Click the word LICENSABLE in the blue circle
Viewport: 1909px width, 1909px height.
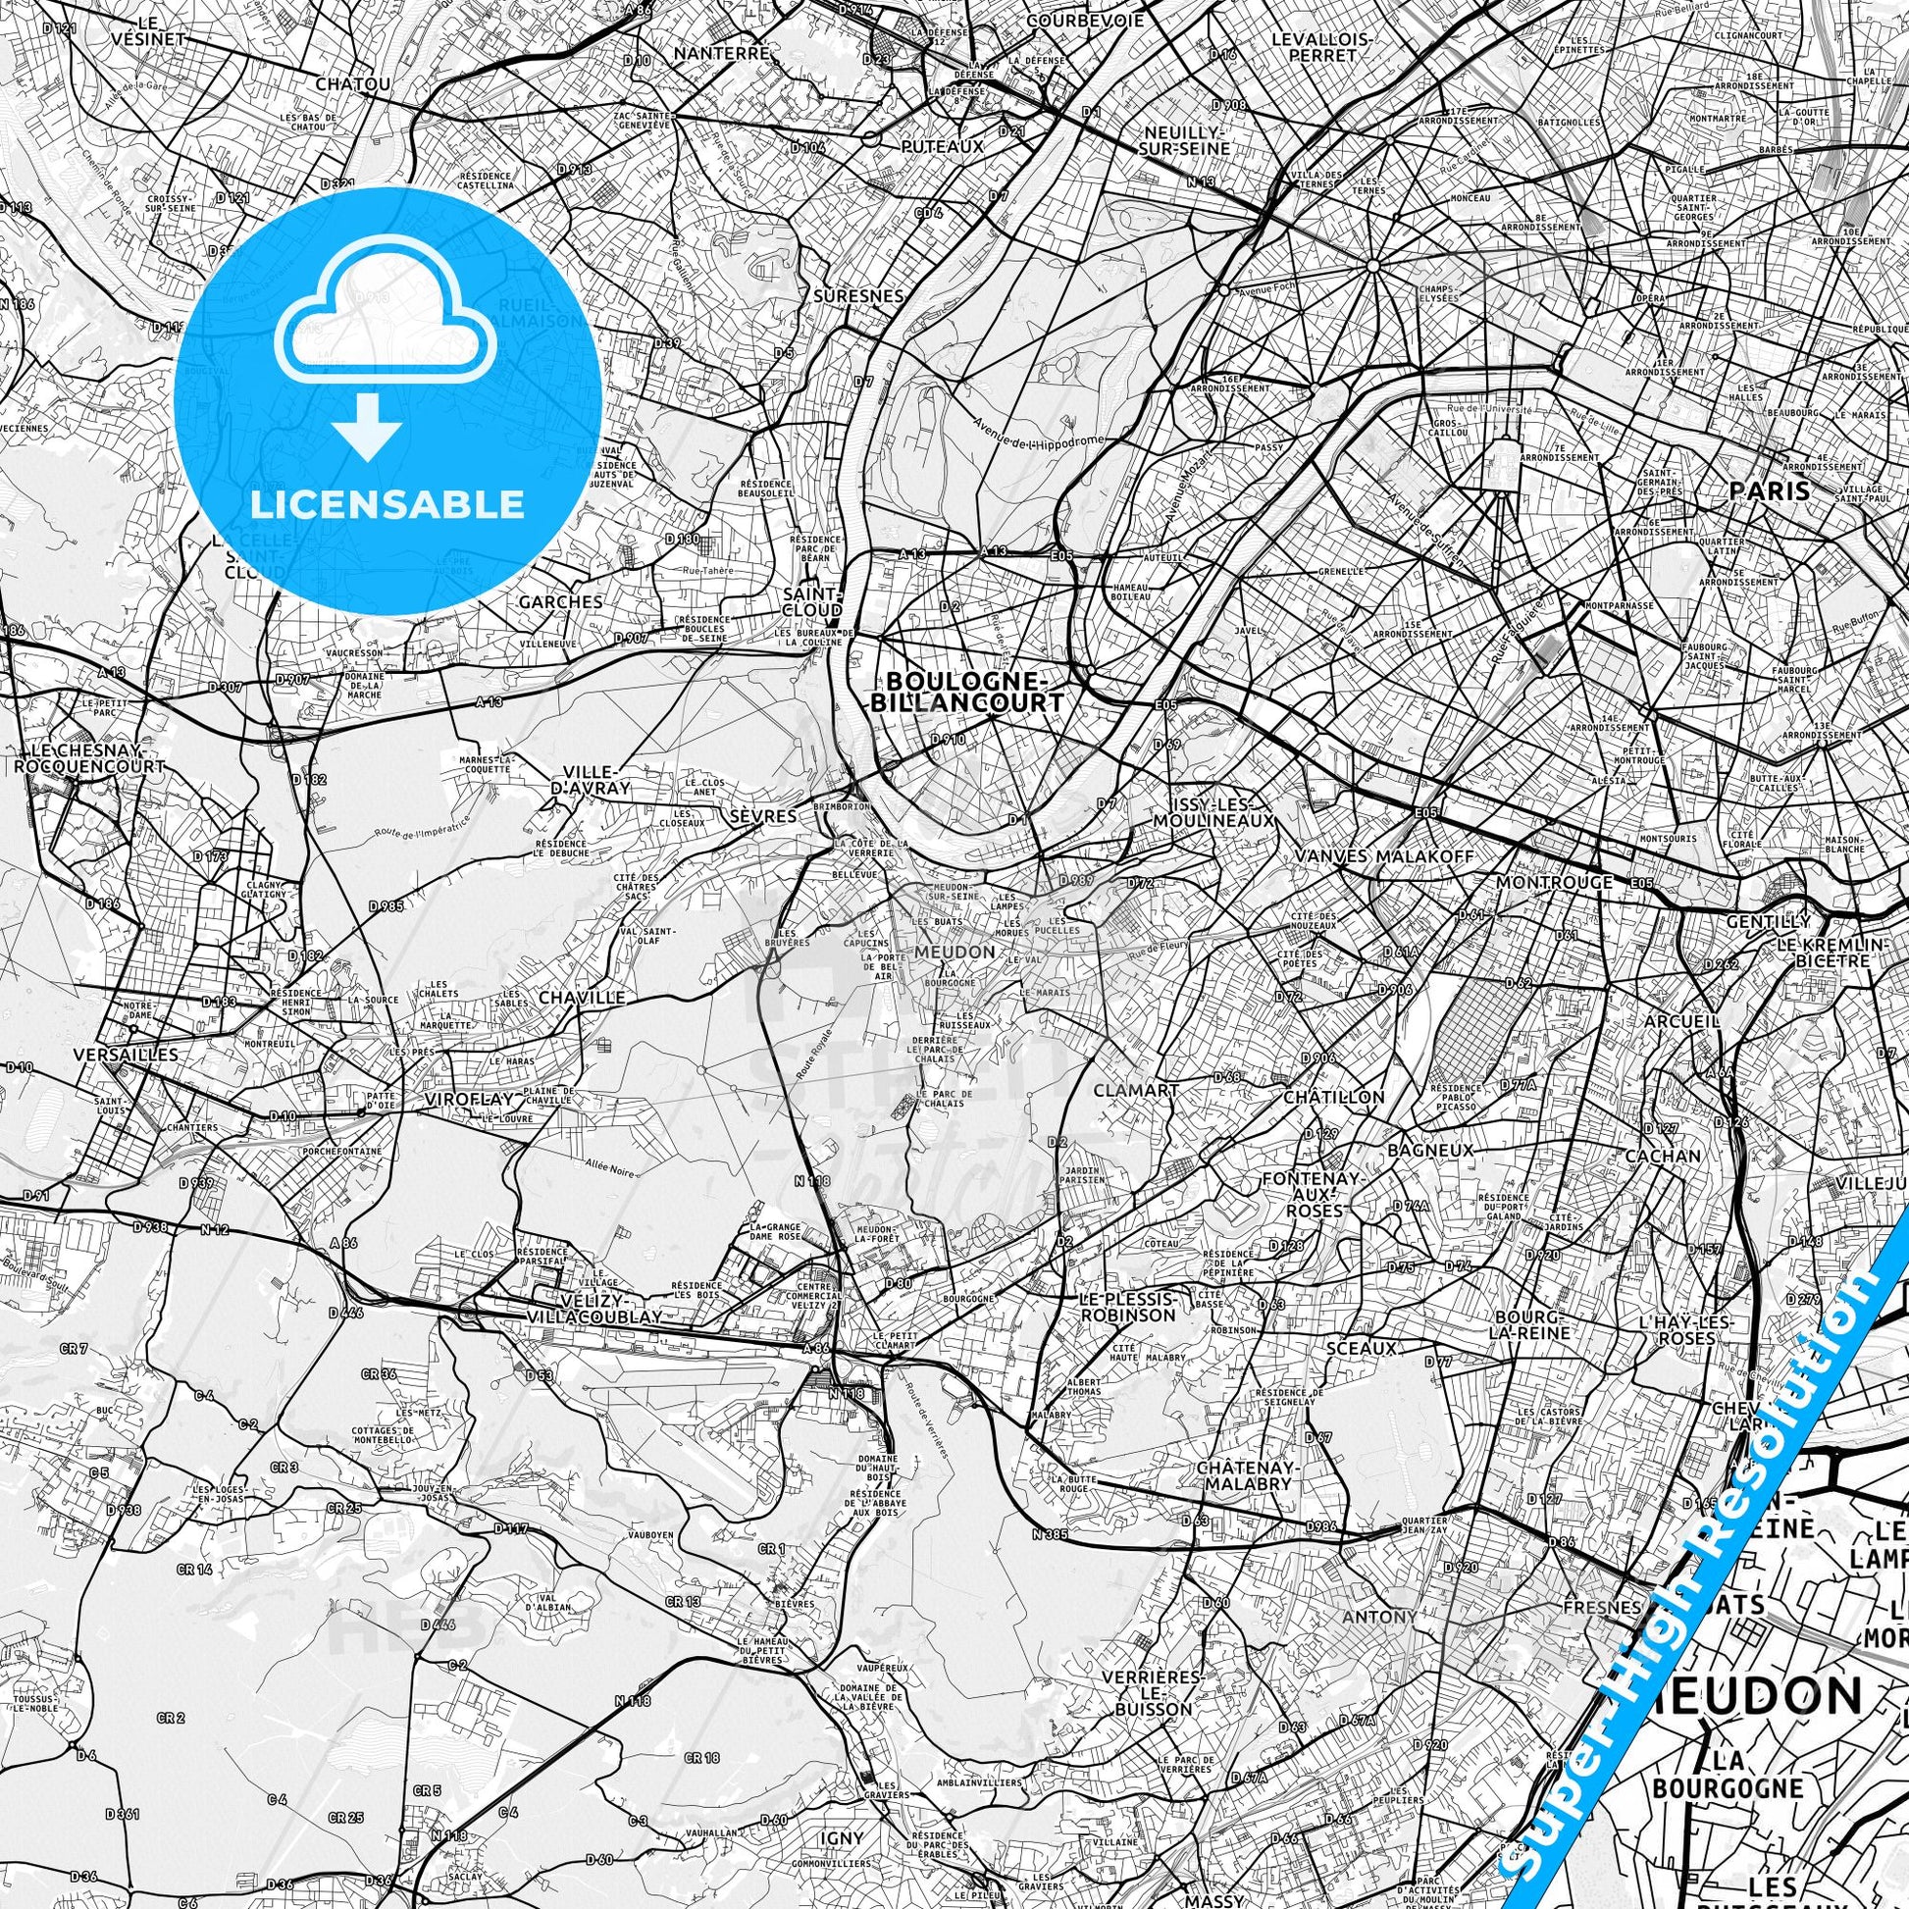coord(387,504)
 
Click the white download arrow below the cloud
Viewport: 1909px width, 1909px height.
coord(367,426)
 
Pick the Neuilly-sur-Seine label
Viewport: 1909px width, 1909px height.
coord(1186,140)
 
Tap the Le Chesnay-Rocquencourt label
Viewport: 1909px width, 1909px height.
coord(90,758)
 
